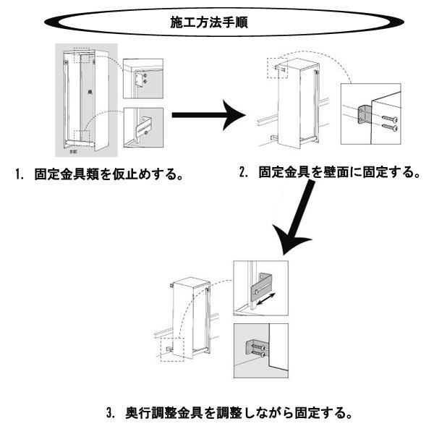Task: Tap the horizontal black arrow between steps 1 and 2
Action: pyautogui.click(x=210, y=114)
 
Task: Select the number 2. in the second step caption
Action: pyautogui.click(x=244, y=173)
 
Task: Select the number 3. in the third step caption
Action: pyautogui.click(x=110, y=414)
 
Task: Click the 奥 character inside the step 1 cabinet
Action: pyautogui.click(x=89, y=94)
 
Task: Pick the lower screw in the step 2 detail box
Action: pyautogui.click(x=388, y=128)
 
